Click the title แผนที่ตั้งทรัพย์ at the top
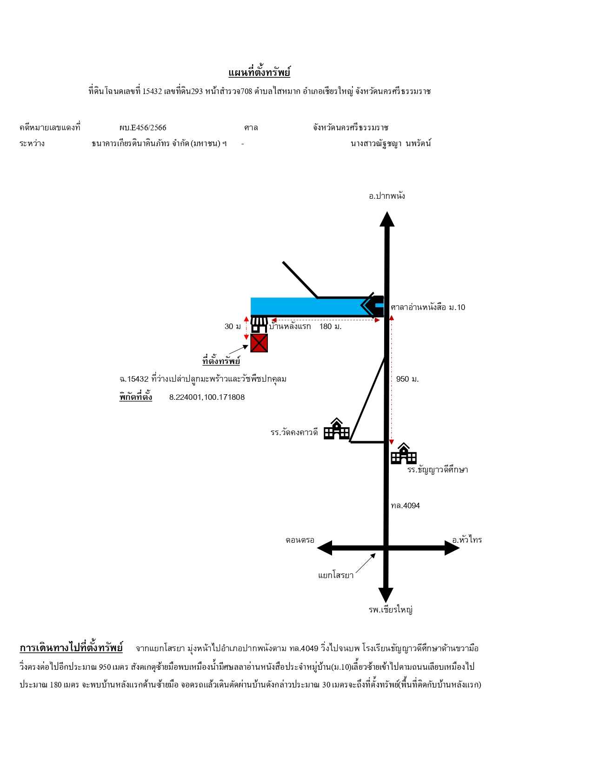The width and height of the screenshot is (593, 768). point(259,73)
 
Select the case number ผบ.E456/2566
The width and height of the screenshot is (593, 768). point(143,128)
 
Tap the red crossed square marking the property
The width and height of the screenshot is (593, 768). point(259,343)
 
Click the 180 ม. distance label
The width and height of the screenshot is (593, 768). point(330,327)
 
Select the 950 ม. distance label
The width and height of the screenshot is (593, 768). point(407,379)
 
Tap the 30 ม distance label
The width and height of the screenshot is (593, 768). point(233,327)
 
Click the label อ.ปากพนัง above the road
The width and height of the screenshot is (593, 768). point(387,196)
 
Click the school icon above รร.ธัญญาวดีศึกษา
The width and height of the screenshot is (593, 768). point(404,453)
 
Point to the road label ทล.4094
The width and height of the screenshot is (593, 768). point(405,506)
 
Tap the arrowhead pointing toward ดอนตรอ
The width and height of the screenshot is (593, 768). point(325,548)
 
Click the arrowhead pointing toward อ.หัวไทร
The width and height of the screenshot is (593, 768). point(452,548)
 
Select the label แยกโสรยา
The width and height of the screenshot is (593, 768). point(335,575)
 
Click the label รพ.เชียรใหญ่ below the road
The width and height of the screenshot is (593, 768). point(391,610)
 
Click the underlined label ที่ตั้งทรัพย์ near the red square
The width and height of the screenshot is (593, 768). point(221,361)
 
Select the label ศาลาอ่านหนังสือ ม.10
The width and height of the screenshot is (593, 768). point(428,307)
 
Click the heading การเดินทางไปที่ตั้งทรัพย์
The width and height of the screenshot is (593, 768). point(71,648)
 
